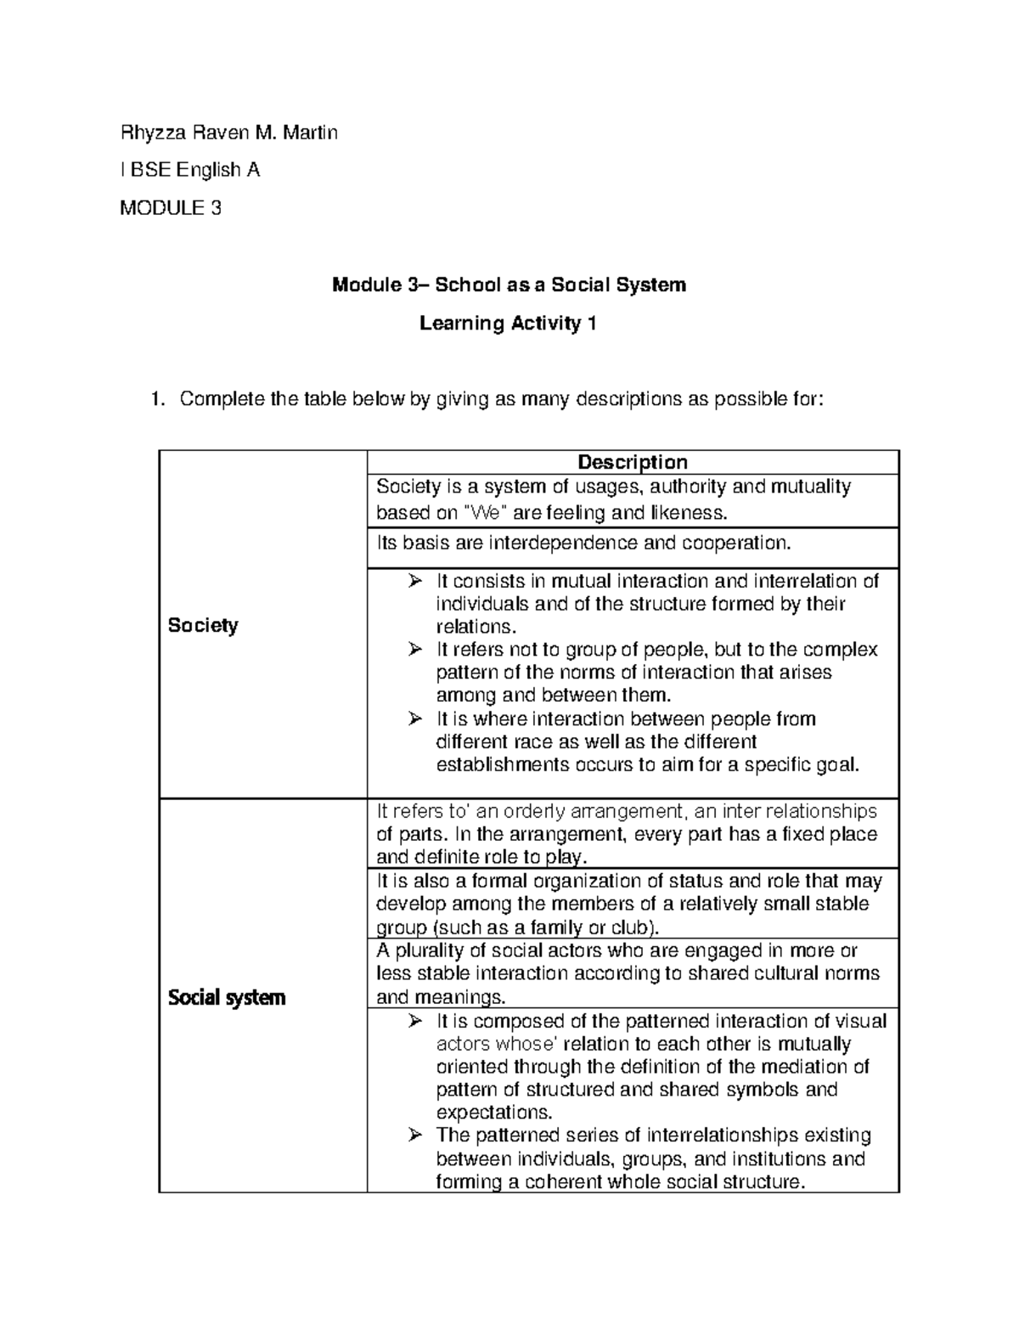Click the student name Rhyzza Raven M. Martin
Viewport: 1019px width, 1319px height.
228,132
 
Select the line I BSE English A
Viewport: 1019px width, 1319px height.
190,170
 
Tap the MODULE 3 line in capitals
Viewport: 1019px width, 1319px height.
171,208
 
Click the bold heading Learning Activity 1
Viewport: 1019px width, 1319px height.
508,323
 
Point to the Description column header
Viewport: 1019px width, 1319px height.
632,462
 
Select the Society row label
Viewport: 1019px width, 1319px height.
203,625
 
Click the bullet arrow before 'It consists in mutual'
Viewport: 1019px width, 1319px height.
414,582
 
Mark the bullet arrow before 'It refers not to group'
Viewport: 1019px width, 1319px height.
414,651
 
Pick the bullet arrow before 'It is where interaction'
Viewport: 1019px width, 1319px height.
414,719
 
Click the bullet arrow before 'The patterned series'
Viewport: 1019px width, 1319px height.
414,1136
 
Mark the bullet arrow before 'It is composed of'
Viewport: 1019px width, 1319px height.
414,1021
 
